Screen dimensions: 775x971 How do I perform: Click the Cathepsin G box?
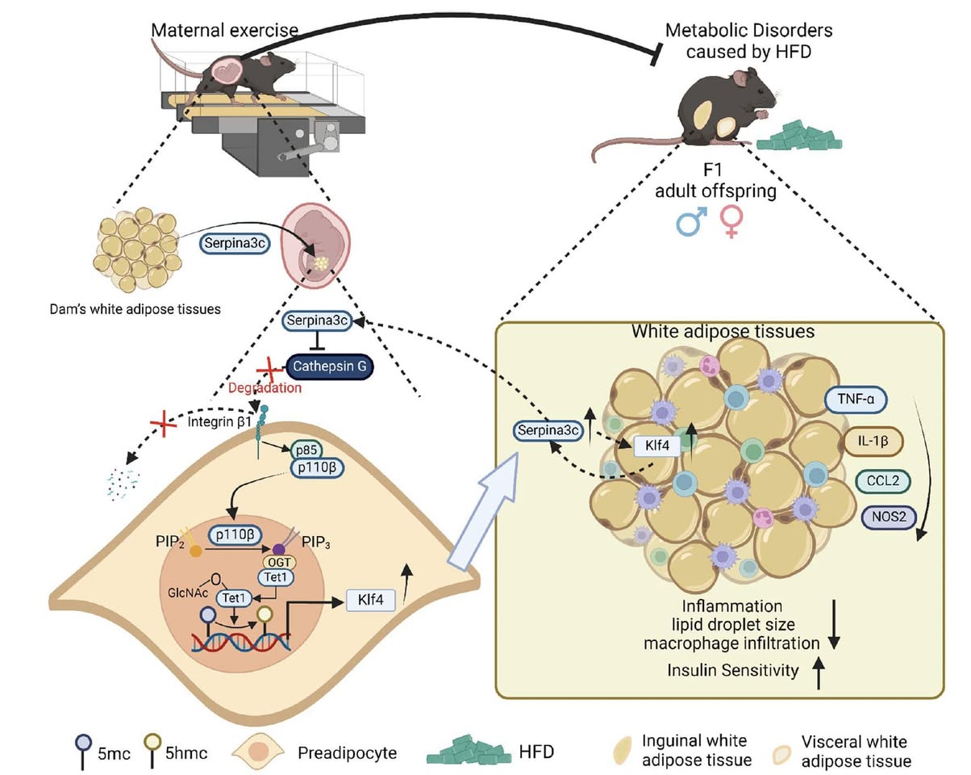tap(330, 367)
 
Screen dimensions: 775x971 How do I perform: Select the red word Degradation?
tap(264, 387)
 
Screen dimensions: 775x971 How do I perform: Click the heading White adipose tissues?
tap(720, 332)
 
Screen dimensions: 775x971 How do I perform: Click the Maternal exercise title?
tap(224, 31)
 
